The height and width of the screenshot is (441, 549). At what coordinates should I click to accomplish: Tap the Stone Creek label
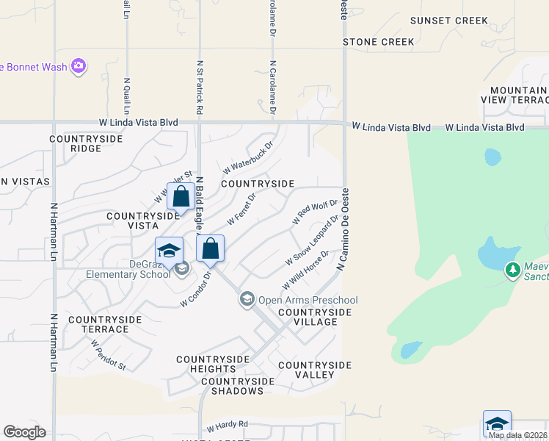pos(379,42)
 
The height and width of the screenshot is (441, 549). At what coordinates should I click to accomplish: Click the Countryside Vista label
pos(143,221)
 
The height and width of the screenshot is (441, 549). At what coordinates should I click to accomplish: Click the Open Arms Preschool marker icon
pos(247,299)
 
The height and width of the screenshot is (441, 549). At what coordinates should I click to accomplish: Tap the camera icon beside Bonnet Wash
pos(79,68)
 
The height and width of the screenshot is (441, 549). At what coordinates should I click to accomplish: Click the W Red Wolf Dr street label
pos(315,211)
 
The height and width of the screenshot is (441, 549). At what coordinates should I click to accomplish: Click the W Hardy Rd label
pos(228,425)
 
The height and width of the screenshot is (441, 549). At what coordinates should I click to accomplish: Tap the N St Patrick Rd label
pos(200,87)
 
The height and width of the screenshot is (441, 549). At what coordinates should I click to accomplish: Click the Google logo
pos(24,432)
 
